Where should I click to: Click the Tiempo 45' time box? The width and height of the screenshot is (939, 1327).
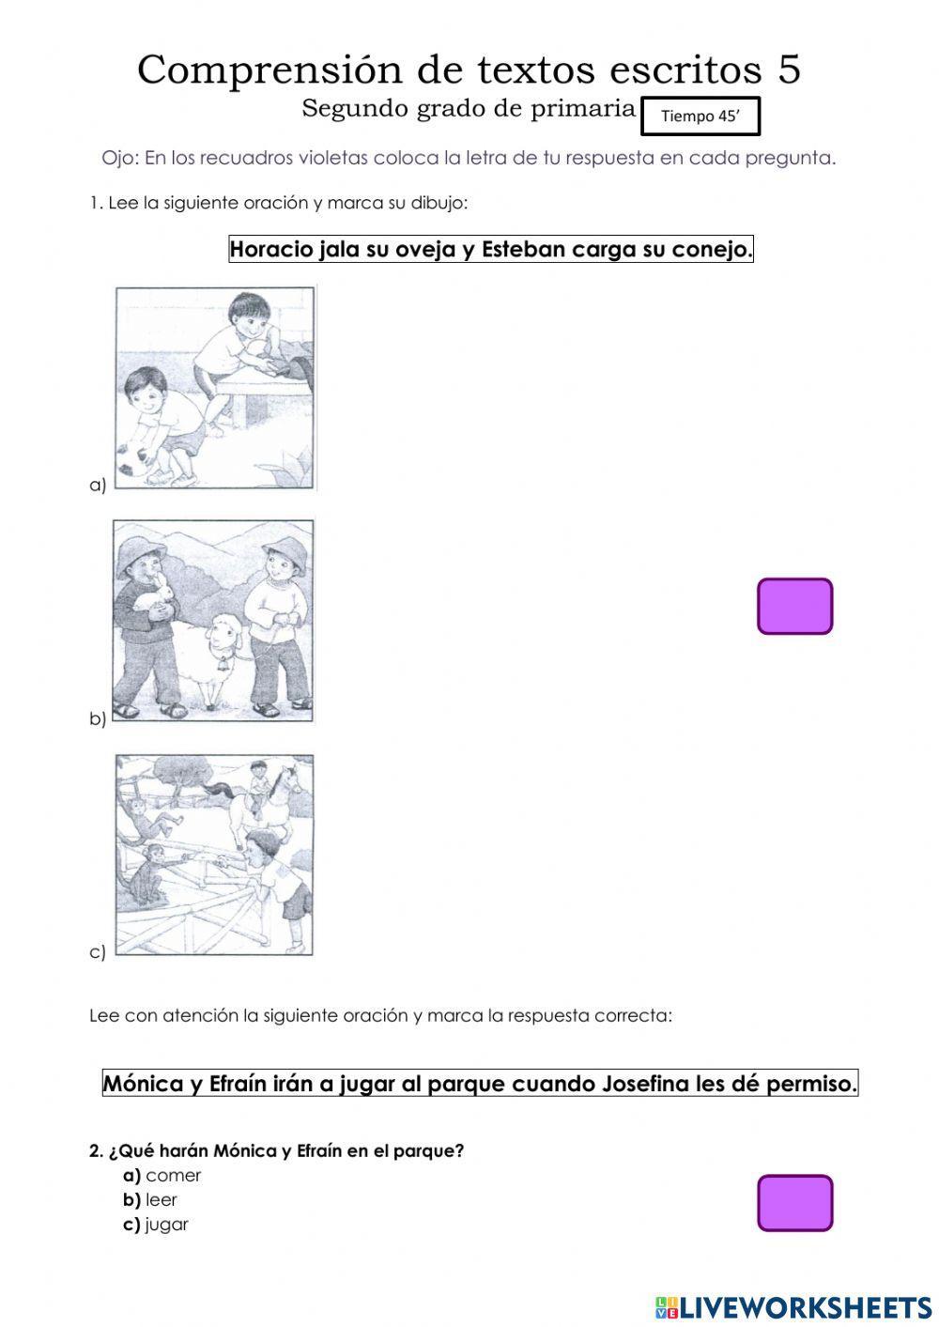[700, 116]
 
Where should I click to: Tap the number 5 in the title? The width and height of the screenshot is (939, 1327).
[789, 69]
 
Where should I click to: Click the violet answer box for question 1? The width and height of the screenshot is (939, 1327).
[794, 607]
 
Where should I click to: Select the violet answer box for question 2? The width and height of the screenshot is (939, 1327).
[794, 1203]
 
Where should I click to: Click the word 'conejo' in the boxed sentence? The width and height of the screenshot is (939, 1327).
[712, 250]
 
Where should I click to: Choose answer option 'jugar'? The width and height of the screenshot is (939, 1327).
[166, 1225]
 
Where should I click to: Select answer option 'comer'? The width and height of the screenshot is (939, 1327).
[173, 1176]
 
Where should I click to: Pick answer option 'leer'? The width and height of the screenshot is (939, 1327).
[161, 1200]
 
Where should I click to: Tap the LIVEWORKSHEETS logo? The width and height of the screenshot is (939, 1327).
[793, 1306]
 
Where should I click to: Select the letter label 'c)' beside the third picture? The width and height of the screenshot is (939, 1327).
[98, 952]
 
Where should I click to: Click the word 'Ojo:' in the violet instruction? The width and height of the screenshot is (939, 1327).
[119, 158]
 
